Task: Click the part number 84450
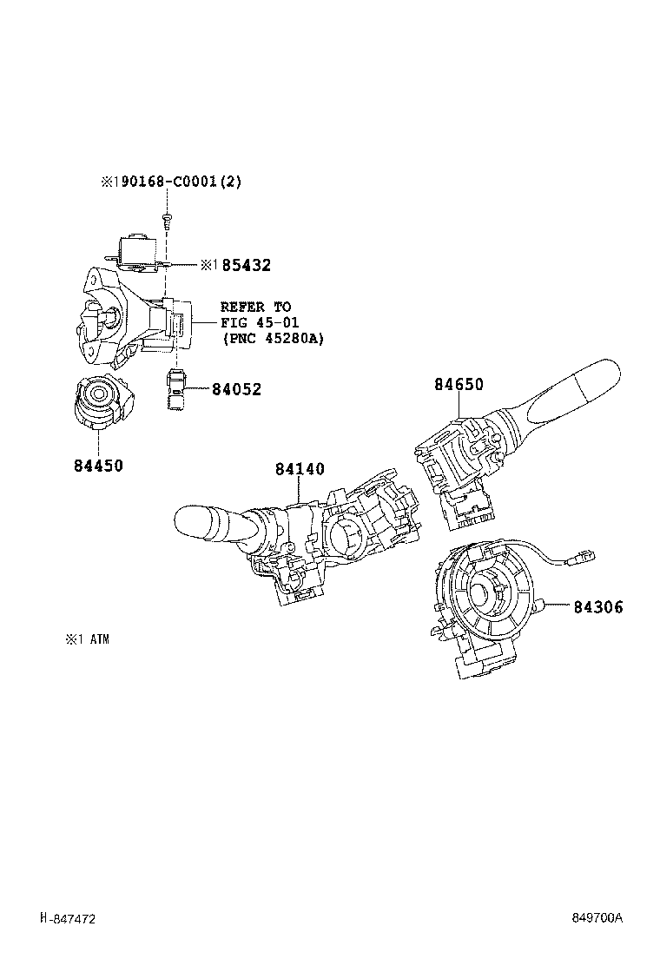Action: point(98,466)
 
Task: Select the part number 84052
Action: point(236,390)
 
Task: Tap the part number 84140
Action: point(300,470)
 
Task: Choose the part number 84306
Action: point(597,607)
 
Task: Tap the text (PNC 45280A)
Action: point(272,339)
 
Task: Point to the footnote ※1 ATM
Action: point(87,639)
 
